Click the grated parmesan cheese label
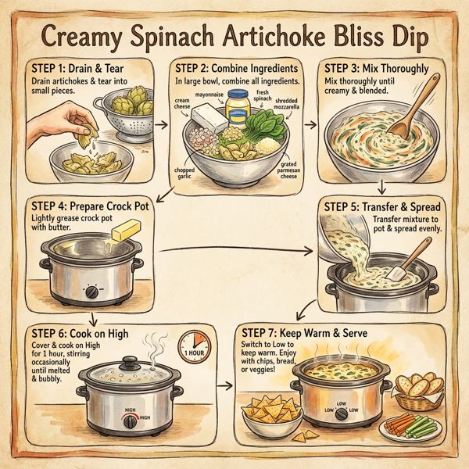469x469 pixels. [291, 170]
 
